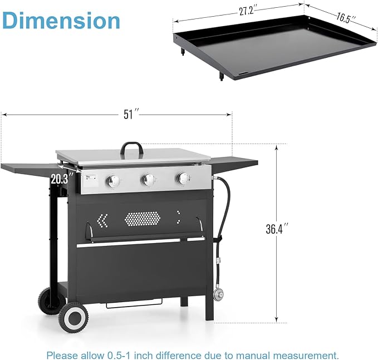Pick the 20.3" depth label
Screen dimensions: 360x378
[x=61, y=179]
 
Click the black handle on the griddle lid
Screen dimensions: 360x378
[x=132, y=149]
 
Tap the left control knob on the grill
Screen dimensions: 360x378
[x=114, y=181]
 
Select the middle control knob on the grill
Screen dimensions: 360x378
[x=148, y=180]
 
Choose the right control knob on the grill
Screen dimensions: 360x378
[x=182, y=178]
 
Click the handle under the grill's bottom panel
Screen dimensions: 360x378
[x=133, y=304]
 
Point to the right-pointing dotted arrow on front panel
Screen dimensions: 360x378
[x=179, y=215]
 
